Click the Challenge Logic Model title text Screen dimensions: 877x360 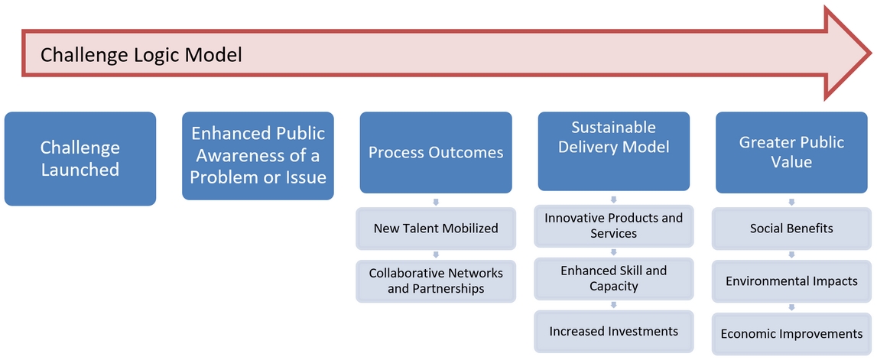tap(141, 55)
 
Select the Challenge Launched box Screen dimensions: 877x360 tap(80, 159)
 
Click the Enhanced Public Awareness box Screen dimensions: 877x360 tap(258, 156)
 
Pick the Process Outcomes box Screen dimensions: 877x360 tap(436, 153)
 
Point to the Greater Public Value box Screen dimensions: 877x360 tap(791, 153)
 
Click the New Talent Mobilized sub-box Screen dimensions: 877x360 tap(436, 228)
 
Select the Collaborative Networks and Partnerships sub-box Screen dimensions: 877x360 tap(436, 281)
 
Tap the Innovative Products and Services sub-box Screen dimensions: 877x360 tap(613, 225)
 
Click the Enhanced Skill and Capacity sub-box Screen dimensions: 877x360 tap(613, 278)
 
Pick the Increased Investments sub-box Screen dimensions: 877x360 tap(613, 331)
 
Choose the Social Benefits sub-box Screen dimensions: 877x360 tap(791, 228)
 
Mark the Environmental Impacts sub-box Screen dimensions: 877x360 tap(791, 281)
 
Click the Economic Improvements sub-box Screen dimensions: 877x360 tap(791, 334)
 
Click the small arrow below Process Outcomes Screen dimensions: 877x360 tap(436, 201)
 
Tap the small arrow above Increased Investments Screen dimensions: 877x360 tap(613, 305)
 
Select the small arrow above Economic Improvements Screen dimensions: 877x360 tap(791, 308)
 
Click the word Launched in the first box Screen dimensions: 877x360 tap(80, 170)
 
